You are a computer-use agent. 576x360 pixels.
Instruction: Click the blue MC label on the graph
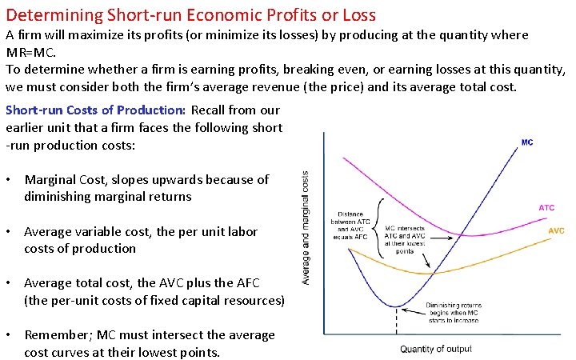(x=527, y=142)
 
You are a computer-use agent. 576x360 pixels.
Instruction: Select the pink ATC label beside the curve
(x=546, y=208)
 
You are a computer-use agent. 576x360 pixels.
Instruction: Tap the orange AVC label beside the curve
(x=555, y=230)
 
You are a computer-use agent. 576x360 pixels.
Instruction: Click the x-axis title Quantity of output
(x=436, y=349)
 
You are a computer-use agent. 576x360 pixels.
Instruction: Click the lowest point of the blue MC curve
(x=396, y=306)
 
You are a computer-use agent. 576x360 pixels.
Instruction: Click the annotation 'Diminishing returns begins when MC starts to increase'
(x=452, y=312)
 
